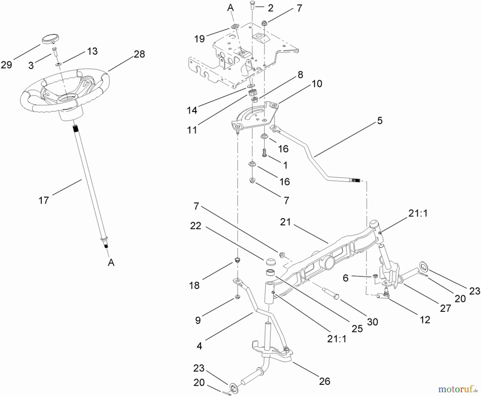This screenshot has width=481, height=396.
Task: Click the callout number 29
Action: click(6, 65)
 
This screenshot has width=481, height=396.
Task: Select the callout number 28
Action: click(139, 54)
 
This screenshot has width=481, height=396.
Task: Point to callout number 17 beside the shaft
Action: click(44, 200)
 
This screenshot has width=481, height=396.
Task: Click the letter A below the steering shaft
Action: click(111, 263)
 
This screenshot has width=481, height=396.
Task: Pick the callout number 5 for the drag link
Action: click(380, 121)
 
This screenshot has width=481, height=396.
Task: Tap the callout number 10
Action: click(317, 84)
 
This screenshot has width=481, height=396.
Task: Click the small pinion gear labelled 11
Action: click(252, 93)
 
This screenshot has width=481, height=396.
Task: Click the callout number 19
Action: click(199, 39)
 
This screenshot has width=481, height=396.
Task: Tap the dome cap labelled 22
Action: click(270, 261)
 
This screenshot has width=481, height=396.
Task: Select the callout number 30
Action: click(372, 322)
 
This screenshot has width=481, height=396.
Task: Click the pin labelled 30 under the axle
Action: click(331, 293)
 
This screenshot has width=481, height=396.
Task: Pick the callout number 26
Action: click(324, 381)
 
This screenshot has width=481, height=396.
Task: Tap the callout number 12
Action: click(425, 320)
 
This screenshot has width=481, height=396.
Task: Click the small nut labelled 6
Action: click(375, 276)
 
